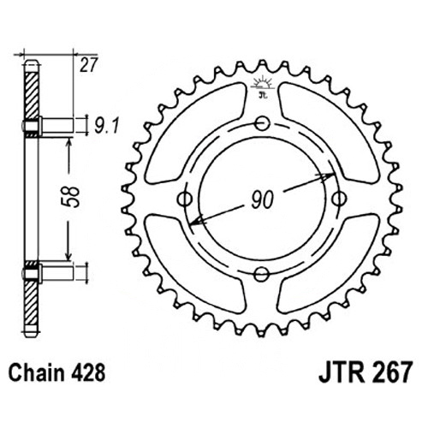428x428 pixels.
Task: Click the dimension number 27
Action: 89,65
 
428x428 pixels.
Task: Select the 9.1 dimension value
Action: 106,126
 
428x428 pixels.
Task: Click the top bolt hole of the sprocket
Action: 262,123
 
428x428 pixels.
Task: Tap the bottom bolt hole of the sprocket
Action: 261,275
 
